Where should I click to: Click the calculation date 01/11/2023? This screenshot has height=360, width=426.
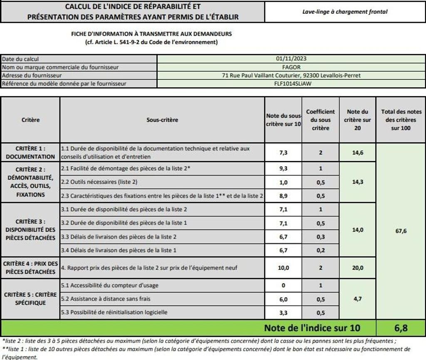pos(291,59)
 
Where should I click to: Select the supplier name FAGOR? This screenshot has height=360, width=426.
pos(291,67)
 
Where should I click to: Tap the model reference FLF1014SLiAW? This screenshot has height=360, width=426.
pos(291,84)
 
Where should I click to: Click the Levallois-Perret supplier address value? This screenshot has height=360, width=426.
pos(291,76)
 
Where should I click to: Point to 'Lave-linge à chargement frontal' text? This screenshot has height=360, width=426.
pos(344,12)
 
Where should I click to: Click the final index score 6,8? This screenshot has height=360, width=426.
pos(401,328)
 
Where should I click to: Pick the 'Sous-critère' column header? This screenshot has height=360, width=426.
pos(162,120)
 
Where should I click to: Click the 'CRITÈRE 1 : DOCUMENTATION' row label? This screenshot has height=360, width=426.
pos(30,152)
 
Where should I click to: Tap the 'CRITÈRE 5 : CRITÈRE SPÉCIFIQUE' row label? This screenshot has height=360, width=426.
pos(30,298)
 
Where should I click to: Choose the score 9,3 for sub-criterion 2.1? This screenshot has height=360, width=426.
pos(283,168)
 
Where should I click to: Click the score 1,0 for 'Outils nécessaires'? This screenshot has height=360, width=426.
pos(283,182)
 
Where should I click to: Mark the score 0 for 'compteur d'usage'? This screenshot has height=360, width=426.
pos(283,286)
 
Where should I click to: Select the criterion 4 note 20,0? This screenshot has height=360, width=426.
pos(357,268)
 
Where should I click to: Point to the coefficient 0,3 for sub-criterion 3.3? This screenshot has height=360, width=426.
pos(320,237)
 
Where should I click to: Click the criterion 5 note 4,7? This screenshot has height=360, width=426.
pos(357,298)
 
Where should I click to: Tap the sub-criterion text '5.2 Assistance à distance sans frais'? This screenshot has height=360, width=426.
pos(106,298)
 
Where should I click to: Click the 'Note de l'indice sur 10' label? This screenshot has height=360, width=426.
pos(312,328)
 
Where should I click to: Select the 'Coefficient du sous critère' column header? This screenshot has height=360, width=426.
pos(320,120)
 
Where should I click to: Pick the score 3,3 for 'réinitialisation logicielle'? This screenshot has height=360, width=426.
pos(283,313)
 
